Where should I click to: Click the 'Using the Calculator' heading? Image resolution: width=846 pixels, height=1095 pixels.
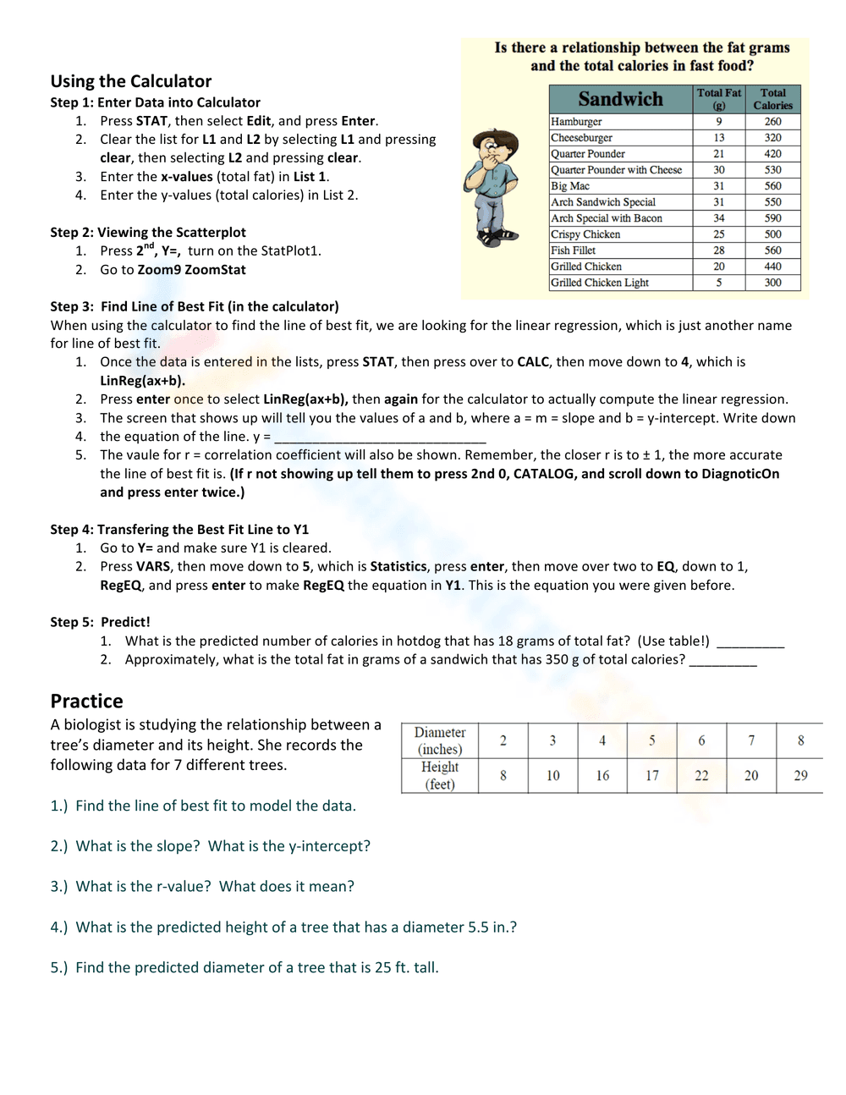coord(130,81)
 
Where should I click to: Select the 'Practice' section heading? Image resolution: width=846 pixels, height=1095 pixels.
coord(86,701)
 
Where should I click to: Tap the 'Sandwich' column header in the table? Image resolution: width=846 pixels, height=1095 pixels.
coord(620,99)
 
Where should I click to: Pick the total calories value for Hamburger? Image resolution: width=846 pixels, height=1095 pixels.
coord(772,122)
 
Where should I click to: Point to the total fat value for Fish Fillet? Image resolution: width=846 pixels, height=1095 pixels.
coord(718,250)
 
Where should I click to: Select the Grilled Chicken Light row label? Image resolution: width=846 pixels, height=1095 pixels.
coord(599,283)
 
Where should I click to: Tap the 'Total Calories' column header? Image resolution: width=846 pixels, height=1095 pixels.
coord(772,99)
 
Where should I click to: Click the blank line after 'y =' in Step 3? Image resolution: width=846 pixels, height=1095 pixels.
coord(380,437)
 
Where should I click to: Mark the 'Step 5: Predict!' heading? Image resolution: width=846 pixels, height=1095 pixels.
coord(100,622)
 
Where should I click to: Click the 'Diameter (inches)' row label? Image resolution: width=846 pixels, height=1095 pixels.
coord(439,740)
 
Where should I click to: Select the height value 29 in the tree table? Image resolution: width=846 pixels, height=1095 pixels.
coord(800,775)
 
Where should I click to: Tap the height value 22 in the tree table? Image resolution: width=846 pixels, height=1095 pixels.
coord(701,775)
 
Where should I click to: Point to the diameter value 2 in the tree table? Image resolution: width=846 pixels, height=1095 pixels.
coord(503,740)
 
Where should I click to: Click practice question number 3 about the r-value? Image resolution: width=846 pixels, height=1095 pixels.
coord(202,886)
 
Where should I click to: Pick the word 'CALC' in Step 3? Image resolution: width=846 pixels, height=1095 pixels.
coord(533,362)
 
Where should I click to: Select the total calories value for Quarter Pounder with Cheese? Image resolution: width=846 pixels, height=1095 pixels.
coord(772,170)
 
